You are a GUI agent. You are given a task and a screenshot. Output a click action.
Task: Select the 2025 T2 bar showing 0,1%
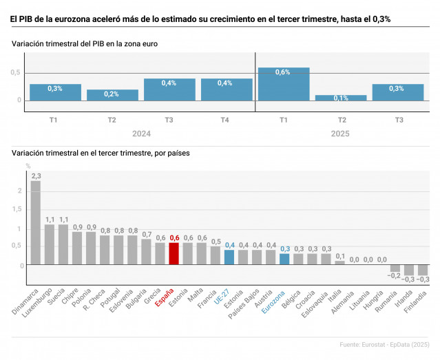(x=341, y=98)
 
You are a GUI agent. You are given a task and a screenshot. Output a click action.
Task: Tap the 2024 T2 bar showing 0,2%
(x=112, y=95)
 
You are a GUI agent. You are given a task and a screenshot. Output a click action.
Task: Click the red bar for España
(x=174, y=253)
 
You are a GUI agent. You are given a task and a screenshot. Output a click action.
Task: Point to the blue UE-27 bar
(x=229, y=257)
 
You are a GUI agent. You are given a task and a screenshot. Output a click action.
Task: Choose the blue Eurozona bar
(x=284, y=260)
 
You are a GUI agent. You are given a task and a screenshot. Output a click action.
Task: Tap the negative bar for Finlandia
(x=423, y=271)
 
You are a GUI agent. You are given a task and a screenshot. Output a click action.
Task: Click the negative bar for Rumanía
(x=395, y=268)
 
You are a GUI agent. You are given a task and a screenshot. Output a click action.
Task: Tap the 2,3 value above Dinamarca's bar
(x=36, y=176)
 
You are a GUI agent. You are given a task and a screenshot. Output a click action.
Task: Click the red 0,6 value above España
(x=174, y=237)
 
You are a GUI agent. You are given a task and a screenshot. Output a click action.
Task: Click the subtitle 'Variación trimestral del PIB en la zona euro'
(x=85, y=43)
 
